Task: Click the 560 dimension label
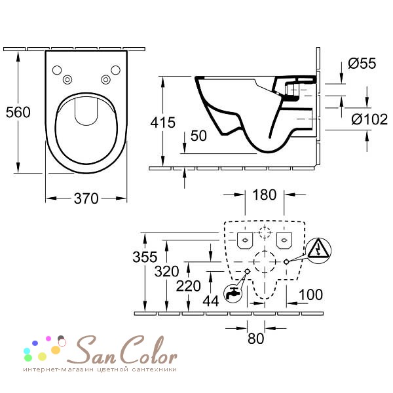[x=18, y=112]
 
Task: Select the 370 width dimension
[x=85, y=198]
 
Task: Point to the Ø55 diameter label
[x=362, y=64]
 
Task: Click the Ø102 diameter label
[x=366, y=119]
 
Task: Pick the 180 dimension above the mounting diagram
[x=264, y=195]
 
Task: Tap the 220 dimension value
[x=189, y=286]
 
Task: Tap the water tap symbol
[x=232, y=293]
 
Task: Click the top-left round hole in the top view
[x=57, y=71]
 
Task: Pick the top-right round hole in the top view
[x=116, y=71]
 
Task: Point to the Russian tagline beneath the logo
[x=100, y=370]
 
